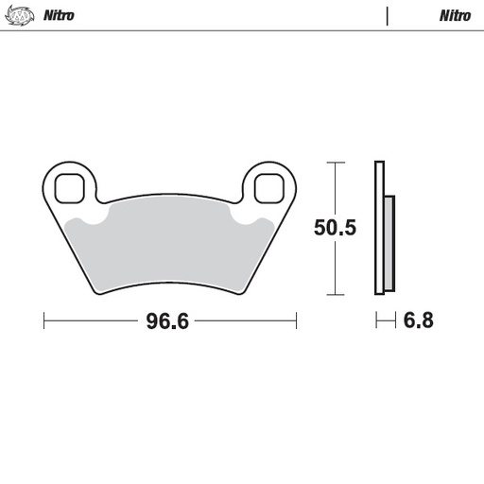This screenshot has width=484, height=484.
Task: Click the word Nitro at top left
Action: click(x=59, y=15)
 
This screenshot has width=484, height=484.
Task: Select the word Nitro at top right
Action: click(x=455, y=15)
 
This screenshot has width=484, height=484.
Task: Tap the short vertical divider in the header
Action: click(x=387, y=15)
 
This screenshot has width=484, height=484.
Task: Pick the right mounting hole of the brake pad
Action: click(x=270, y=186)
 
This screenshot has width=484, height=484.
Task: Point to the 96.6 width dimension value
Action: click(x=168, y=321)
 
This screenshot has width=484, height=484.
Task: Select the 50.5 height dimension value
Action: click(x=335, y=228)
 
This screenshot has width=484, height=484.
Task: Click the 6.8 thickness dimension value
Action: click(x=418, y=321)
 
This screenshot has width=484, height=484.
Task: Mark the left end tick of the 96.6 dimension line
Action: click(x=44, y=321)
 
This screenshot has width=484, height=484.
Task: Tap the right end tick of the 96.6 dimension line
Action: click(x=296, y=321)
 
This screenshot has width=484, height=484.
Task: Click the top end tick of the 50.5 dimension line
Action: click(x=333, y=162)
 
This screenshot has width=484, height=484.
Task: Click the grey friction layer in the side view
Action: click(x=389, y=241)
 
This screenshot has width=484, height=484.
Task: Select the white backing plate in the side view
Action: click(x=379, y=228)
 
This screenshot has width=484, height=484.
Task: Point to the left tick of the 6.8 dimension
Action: click(x=376, y=321)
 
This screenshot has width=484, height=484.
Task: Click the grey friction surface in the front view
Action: click(x=170, y=246)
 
